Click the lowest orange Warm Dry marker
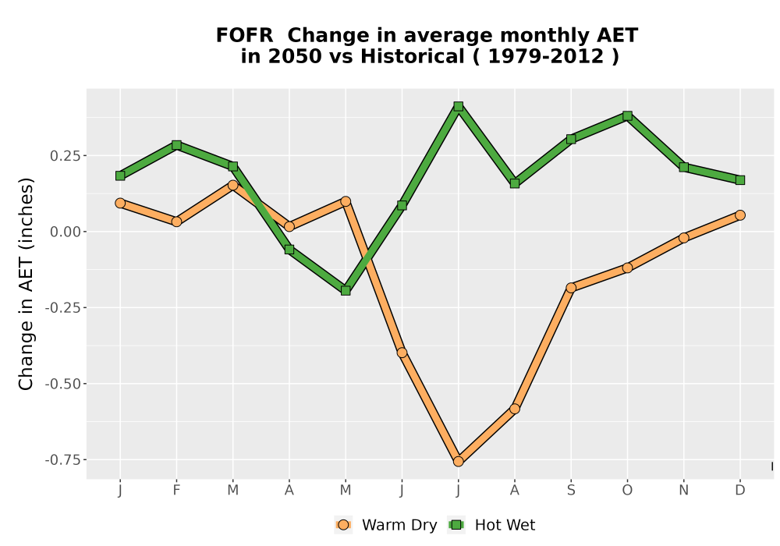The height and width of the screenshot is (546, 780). click(x=458, y=462)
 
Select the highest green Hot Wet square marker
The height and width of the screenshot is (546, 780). click(x=458, y=106)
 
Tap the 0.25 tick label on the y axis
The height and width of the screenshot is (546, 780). click(x=65, y=156)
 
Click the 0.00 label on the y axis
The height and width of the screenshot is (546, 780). click(x=65, y=232)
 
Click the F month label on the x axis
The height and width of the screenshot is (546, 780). click(x=176, y=491)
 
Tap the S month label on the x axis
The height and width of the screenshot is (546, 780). click(x=571, y=491)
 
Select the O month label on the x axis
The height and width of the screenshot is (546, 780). click(x=627, y=491)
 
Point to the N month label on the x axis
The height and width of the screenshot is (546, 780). click(x=683, y=491)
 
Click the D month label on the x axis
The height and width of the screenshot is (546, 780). click(x=739, y=491)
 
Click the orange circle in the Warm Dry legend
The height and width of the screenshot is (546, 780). click(x=342, y=525)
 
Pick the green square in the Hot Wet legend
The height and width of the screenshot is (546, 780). click(x=456, y=525)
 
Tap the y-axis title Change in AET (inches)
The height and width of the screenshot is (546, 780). click(x=26, y=284)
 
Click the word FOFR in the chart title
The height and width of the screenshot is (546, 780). click(x=244, y=35)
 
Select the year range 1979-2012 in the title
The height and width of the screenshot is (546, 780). click(x=546, y=56)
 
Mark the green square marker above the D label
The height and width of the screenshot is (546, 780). click(x=739, y=180)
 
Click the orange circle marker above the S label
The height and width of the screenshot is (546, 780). click(x=571, y=288)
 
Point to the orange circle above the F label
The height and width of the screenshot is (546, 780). click(x=176, y=222)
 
